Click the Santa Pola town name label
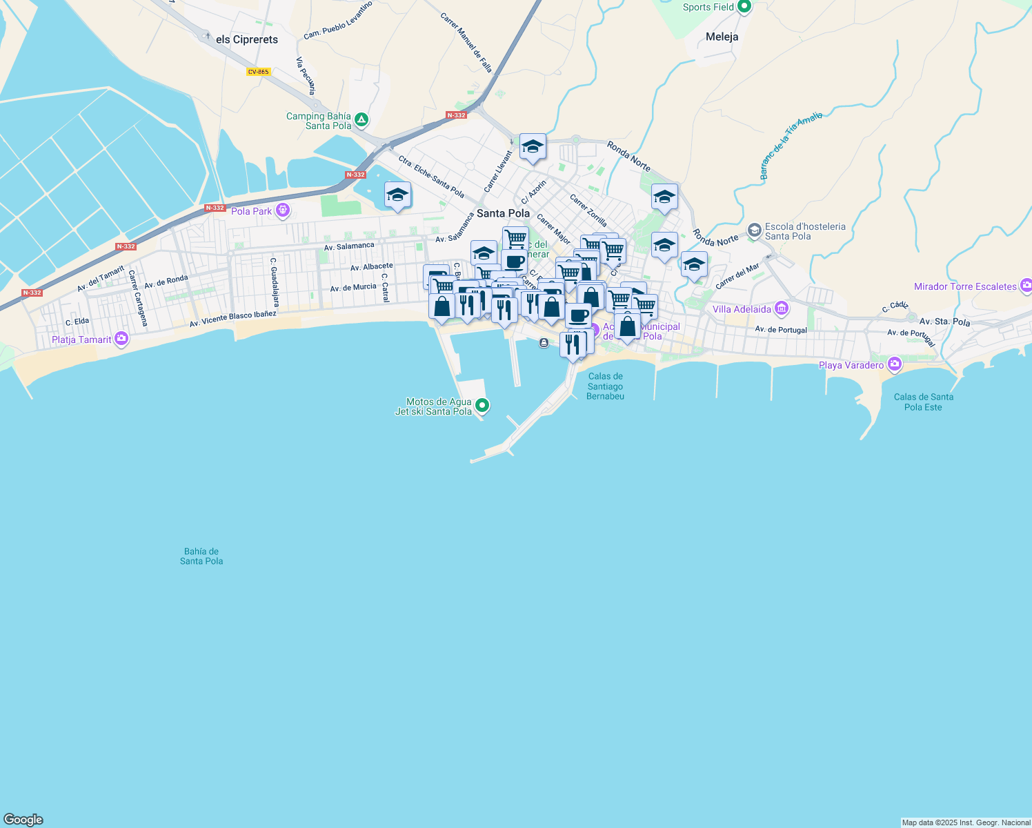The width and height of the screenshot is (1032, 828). click(x=503, y=213)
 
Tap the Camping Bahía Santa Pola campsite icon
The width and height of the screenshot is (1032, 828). click(x=361, y=121)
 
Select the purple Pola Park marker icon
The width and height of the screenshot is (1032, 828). click(x=282, y=210)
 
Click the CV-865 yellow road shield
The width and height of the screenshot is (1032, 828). click(x=259, y=72)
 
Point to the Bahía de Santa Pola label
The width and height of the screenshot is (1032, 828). click(x=201, y=556)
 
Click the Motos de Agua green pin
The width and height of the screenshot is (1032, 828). click(x=482, y=406)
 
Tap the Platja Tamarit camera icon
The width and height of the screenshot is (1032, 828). click(x=121, y=338)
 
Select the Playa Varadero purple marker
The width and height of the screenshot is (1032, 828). click(x=895, y=364)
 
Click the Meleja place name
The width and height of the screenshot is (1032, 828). click(x=722, y=37)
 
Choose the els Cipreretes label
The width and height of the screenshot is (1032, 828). click(x=247, y=39)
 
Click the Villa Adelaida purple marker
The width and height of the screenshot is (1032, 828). click(x=782, y=308)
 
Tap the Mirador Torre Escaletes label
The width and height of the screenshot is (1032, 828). click(x=965, y=286)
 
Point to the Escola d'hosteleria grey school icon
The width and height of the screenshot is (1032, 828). click(x=754, y=230)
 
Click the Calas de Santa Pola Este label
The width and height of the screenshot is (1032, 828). click(x=923, y=402)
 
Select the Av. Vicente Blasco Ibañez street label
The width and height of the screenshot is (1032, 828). click(x=233, y=319)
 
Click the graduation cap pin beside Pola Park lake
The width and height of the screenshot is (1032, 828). click(x=397, y=196)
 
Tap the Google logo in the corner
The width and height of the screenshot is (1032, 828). click(x=23, y=820)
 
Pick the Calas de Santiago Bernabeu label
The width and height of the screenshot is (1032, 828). click(x=605, y=386)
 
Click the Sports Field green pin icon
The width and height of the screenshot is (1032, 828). click(x=744, y=7)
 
